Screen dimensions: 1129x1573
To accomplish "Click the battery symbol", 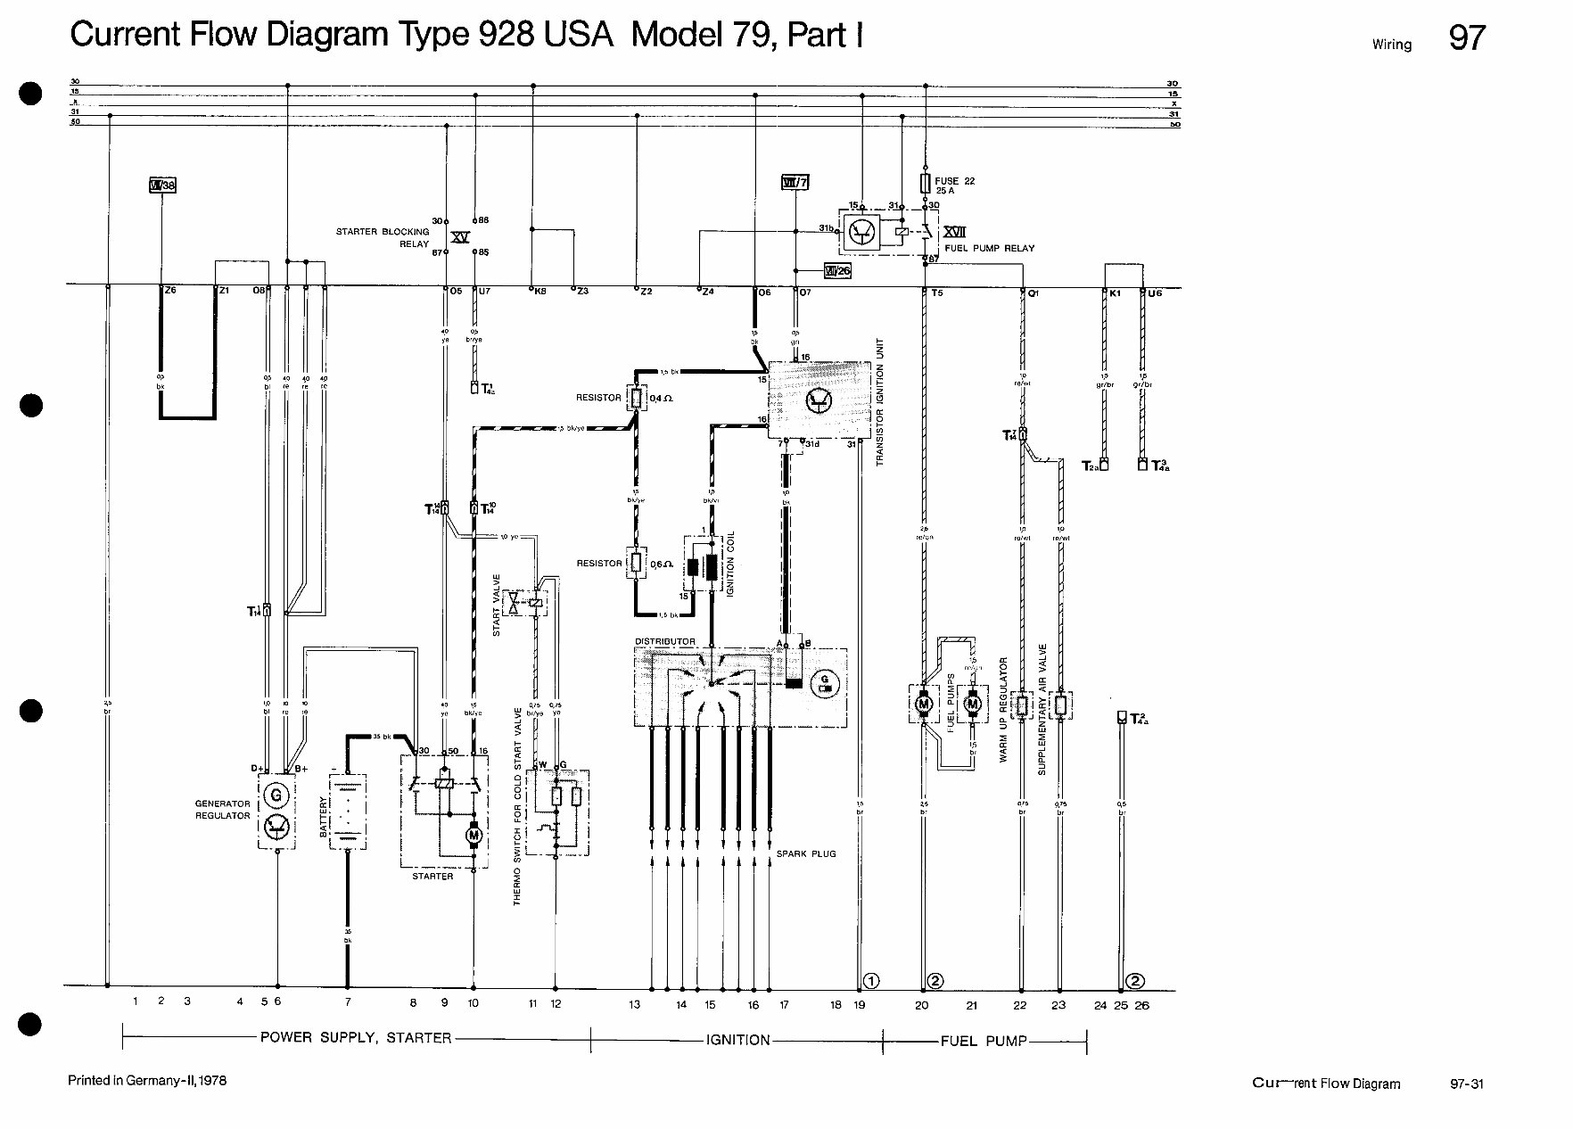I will click(347, 812).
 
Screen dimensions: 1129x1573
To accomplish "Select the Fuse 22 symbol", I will click(927, 185).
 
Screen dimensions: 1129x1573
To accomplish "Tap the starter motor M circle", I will click(474, 836).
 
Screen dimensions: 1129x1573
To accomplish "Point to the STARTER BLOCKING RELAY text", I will click(383, 237).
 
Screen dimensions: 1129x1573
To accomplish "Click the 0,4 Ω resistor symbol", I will click(636, 398).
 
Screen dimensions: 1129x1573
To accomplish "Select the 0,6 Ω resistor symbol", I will click(636, 563).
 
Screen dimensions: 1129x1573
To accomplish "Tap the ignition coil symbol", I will click(703, 567).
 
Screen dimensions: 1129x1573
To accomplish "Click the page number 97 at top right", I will click(1467, 38).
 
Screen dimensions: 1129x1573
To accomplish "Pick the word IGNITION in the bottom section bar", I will click(737, 1040).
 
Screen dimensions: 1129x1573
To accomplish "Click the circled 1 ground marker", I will click(872, 981).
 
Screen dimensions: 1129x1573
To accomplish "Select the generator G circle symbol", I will click(276, 794).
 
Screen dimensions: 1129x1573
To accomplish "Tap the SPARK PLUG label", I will click(805, 854).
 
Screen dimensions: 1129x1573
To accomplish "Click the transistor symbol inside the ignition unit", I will click(817, 402).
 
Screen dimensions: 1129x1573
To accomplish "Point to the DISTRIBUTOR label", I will click(664, 641).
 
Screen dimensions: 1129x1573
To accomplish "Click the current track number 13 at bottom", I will click(634, 1005).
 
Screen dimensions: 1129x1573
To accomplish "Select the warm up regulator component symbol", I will click(1022, 705).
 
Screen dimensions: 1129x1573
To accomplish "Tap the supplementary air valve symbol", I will click(1059, 705).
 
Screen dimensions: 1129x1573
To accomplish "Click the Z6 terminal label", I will click(170, 291).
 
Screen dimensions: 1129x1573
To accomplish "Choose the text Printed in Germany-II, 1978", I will click(147, 1081).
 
